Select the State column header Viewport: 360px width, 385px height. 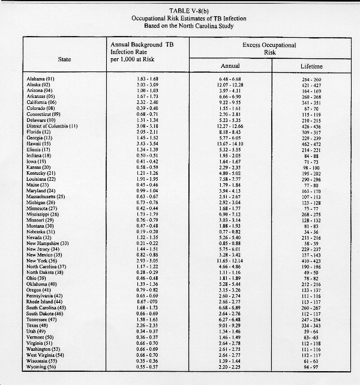64,59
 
